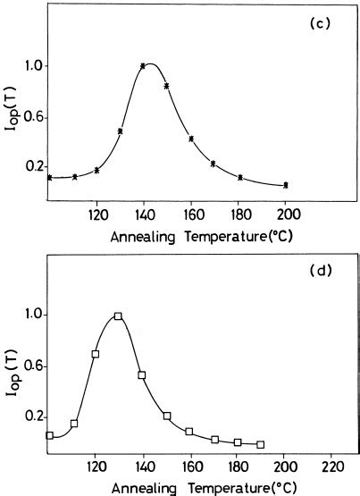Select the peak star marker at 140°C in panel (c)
point(143,65)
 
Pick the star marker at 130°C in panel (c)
point(120,130)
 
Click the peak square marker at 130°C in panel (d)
point(118,316)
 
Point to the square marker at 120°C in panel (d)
point(96,354)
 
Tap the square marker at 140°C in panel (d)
point(142,375)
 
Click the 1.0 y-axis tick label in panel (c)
point(32,66)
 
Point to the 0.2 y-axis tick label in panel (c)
point(32,167)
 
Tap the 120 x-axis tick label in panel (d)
point(97,467)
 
